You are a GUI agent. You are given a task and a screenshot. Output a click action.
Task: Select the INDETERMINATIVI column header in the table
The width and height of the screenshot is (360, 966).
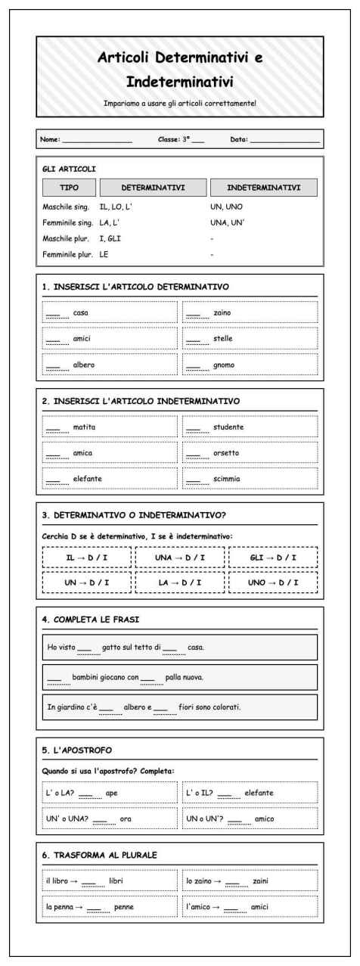point(262,187)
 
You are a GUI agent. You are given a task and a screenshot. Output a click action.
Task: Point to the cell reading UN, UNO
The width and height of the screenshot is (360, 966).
point(225,206)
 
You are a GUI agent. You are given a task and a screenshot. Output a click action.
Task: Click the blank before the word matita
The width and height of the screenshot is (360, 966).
point(53,427)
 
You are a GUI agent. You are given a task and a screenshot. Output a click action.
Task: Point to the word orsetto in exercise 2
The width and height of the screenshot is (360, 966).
point(228,454)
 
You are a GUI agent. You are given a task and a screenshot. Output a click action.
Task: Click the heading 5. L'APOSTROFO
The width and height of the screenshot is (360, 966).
point(77,750)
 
